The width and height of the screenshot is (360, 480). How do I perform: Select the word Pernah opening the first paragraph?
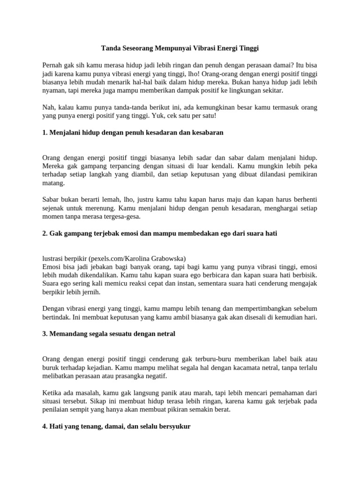(54, 65)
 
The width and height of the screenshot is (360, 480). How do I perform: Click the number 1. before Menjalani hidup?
(45, 133)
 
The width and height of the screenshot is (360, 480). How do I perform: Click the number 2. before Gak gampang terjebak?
(45, 233)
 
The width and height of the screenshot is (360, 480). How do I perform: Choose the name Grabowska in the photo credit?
(168, 258)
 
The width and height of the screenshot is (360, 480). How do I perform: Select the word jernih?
(90, 292)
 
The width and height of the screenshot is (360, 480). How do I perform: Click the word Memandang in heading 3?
(67, 334)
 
